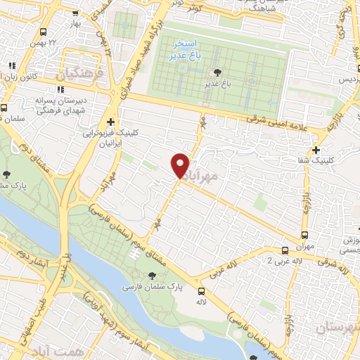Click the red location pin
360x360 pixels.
(x=180, y=165)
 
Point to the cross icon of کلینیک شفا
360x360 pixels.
(x=316, y=150)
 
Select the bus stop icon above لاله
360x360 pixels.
(x=202, y=291)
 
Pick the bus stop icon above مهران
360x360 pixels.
(x=304, y=235)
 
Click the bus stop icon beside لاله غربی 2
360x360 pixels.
(x=285, y=250)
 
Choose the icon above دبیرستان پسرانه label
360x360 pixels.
(x=59, y=89)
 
